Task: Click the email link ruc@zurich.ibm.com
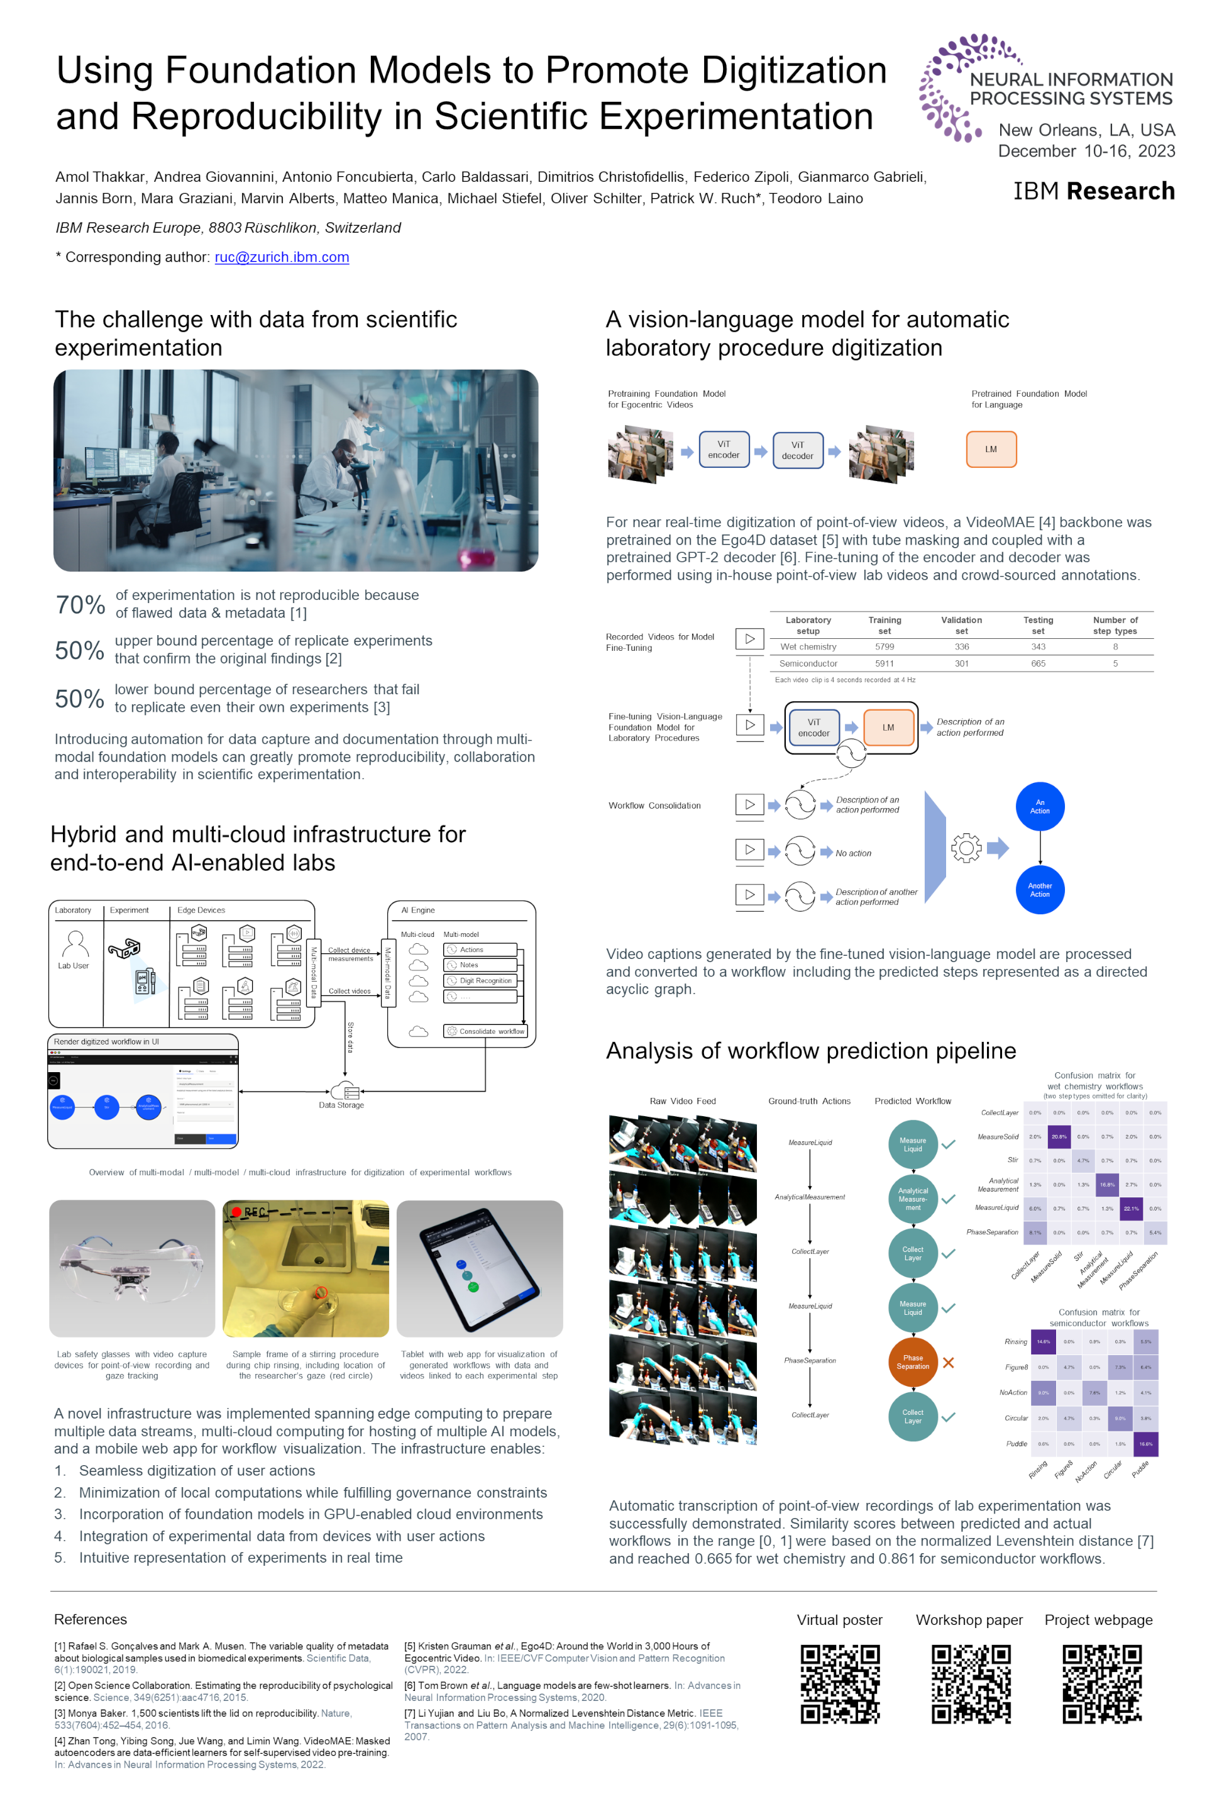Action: [x=282, y=257]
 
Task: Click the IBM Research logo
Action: [x=1093, y=191]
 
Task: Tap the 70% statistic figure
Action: [x=80, y=605]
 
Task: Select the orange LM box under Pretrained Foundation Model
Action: [x=991, y=450]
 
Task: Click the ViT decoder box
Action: [x=798, y=450]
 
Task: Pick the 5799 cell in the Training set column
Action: [x=885, y=647]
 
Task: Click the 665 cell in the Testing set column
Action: [x=1038, y=664]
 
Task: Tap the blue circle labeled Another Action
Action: [x=1039, y=890]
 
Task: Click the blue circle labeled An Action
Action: [x=1039, y=807]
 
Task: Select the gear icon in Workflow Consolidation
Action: [x=966, y=848]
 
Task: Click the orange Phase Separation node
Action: [x=913, y=1362]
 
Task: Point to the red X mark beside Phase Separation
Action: [x=949, y=1363]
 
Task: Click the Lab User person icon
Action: [x=75, y=943]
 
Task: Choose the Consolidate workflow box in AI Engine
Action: [x=486, y=1031]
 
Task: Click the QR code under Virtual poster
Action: [x=840, y=1684]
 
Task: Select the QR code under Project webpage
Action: [x=1101, y=1684]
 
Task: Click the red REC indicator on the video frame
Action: [x=250, y=1212]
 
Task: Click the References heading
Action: [x=91, y=1619]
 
